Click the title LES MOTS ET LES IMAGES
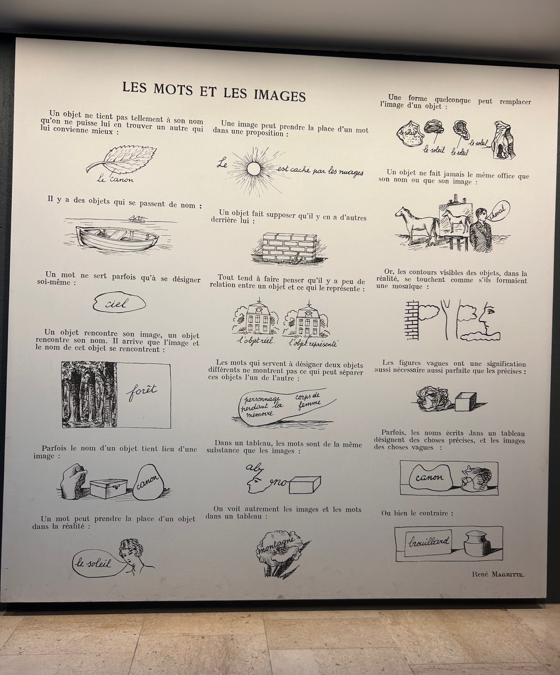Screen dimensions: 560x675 pos(214,92)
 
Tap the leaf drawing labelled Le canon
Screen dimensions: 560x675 pos(121,160)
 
